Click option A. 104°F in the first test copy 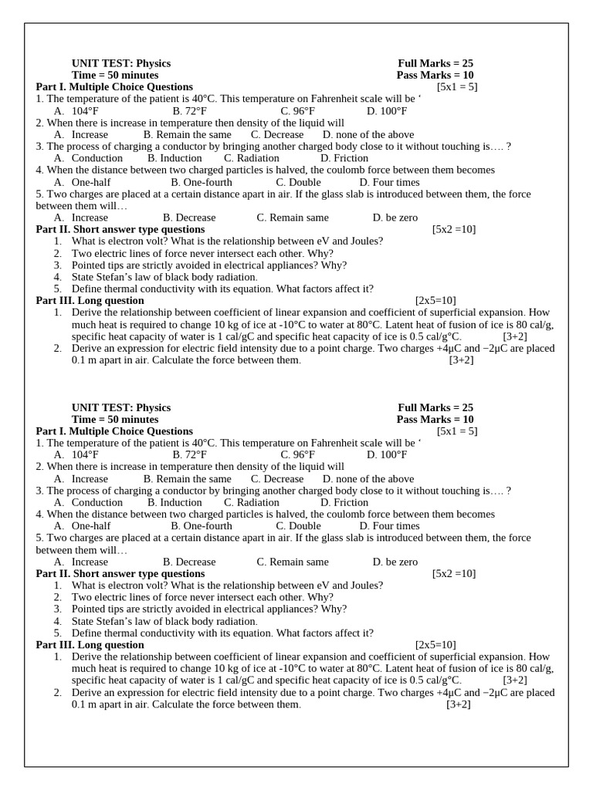coord(76,111)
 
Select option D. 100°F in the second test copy coord(383,455)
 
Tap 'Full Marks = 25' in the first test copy coord(435,63)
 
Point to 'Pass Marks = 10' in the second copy coord(435,420)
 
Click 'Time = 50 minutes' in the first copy coord(115,76)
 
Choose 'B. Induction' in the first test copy coord(175,158)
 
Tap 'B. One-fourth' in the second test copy coord(201,526)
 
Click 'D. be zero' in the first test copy coord(395,218)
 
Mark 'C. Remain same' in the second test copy coord(293,562)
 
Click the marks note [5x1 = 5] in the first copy coord(457,87)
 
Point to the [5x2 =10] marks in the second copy coord(454,573)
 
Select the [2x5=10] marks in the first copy coord(435,300)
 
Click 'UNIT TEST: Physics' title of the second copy coord(121,407)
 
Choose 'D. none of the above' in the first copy coord(368,134)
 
